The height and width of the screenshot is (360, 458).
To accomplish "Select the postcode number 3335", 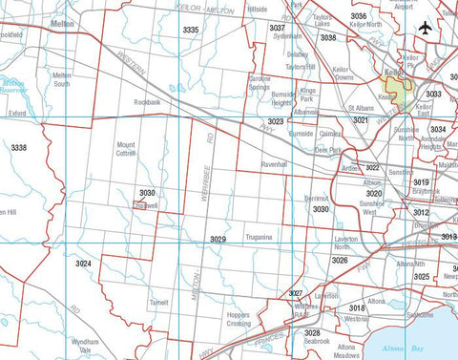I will (191, 31).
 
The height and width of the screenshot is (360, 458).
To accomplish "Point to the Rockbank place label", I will (146, 101).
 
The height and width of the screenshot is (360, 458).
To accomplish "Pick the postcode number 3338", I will (18, 147).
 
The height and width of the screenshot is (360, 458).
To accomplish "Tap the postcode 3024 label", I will (84, 262).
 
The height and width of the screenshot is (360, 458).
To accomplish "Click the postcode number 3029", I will (218, 240).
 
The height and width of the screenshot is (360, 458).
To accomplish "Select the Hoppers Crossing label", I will (239, 319).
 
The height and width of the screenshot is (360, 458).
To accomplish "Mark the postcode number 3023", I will (276, 122).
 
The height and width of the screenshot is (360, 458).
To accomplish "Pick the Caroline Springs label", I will (260, 80).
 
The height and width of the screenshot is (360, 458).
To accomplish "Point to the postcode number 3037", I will (278, 29).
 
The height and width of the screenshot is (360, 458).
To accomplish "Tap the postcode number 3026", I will (340, 260).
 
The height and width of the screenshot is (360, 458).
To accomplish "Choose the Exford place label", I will (16, 113).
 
